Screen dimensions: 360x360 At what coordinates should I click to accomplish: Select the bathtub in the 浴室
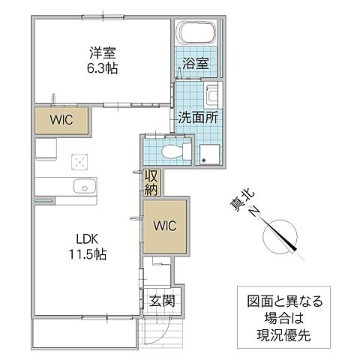(197, 33)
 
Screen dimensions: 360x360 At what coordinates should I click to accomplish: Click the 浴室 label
(199, 65)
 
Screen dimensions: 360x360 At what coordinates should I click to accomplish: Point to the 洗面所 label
(197, 117)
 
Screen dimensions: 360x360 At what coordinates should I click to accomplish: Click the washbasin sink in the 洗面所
(212, 96)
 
